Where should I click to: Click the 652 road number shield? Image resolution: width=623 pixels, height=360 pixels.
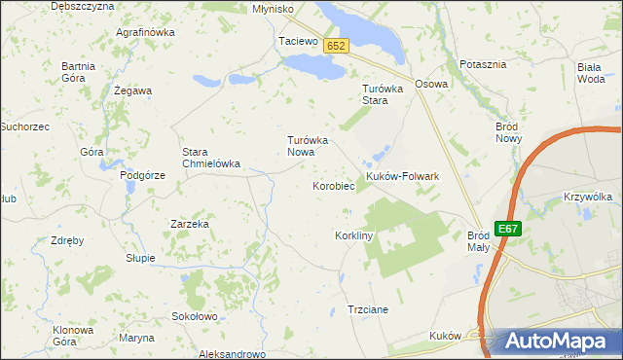tap(337, 47)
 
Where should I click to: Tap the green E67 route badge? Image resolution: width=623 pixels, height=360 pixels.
tap(507, 229)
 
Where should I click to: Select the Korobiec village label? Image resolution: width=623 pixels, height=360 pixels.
tap(333, 186)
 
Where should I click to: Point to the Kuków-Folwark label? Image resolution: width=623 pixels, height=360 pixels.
tap(403, 176)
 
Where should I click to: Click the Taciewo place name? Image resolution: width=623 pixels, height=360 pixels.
tap(298, 42)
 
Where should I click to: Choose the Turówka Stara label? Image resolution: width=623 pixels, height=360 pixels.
tap(376, 94)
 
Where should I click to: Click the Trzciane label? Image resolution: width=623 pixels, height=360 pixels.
tap(368, 309)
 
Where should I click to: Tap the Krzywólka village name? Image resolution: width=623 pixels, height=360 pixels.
tap(587, 197)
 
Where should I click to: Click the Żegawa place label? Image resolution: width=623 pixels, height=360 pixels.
tap(132, 90)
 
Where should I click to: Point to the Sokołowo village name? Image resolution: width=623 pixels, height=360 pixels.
tap(194, 316)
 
